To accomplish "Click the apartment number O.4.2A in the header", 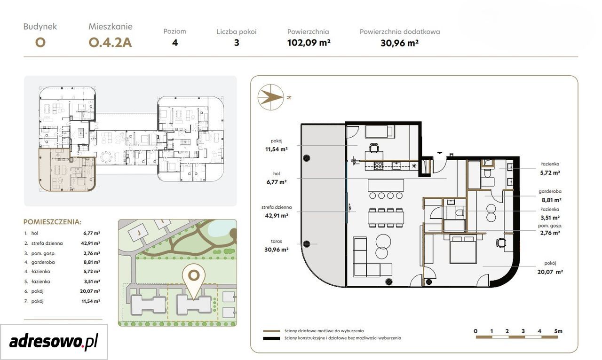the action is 110,43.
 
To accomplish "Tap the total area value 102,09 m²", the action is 309,43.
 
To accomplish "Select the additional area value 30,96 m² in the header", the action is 399,43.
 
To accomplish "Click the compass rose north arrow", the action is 271,97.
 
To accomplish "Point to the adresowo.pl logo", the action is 54,342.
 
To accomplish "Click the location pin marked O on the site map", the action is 193,280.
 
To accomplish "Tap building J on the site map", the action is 139,233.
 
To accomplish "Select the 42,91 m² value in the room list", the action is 91,243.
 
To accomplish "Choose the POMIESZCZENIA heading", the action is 52,222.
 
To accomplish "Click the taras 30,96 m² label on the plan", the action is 276,245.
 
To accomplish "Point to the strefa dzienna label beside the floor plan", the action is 276,207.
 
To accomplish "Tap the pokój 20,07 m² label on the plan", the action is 550,267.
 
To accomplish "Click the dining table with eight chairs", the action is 386,217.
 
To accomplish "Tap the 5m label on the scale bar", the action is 558,331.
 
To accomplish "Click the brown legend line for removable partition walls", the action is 271,331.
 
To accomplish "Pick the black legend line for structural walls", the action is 271,338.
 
